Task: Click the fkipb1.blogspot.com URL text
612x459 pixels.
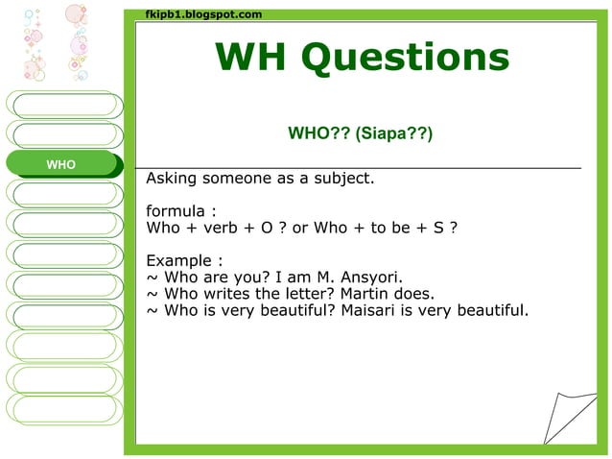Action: pyautogui.click(x=203, y=14)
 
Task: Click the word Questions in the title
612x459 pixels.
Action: pyautogui.click(x=405, y=59)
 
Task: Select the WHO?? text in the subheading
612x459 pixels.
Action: pyautogui.click(x=318, y=134)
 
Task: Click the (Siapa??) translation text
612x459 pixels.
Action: pyautogui.click(x=394, y=134)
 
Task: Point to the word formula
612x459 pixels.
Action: pyautogui.click(x=177, y=211)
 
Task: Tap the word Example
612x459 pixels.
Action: pyautogui.click(x=179, y=260)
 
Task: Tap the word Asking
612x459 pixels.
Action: pyautogui.click(x=173, y=180)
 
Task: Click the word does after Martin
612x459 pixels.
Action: pyautogui.click(x=415, y=294)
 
